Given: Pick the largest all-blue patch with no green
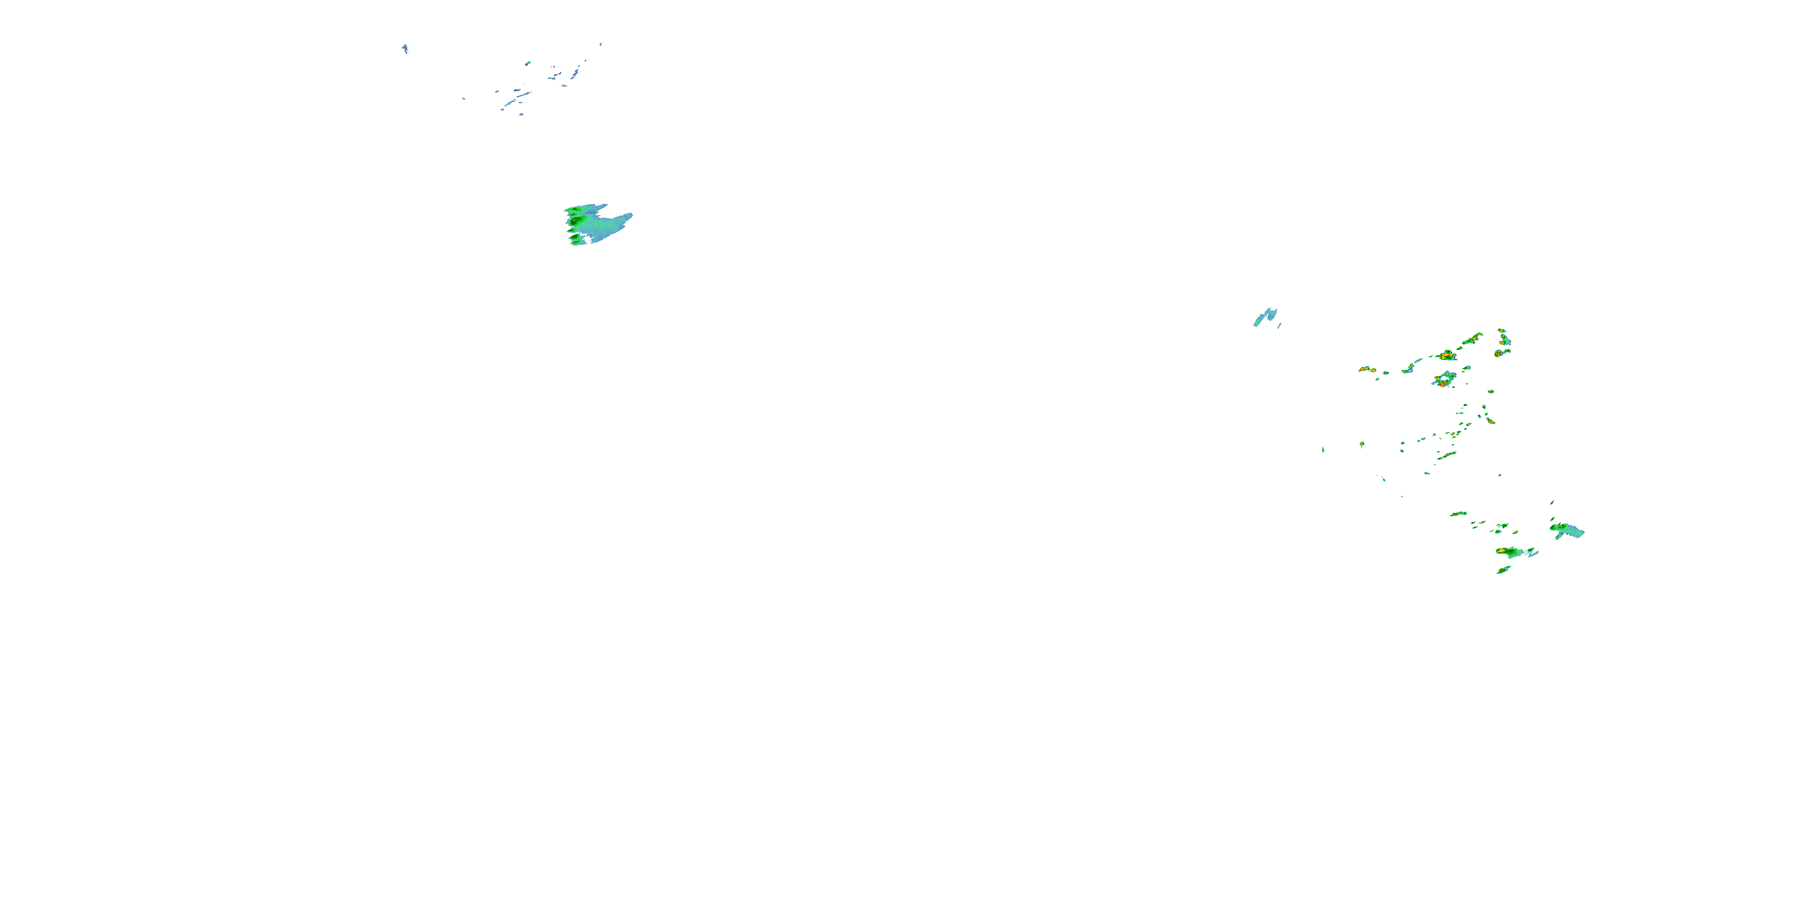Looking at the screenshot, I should pyautogui.click(x=1265, y=317).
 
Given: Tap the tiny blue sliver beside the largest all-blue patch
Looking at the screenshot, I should pyautogui.click(x=1280, y=325).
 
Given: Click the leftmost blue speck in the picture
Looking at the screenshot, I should pyautogui.click(x=405, y=48).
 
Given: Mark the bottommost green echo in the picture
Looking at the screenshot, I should pyautogui.click(x=1503, y=570).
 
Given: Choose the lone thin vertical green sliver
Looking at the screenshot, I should pyautogui.click(x=1323, y=449).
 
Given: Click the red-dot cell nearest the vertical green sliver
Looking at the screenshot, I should pyautogui.click(x=1362, y=444).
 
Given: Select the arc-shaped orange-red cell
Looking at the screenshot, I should pyautogui.click(x=1367, y=368).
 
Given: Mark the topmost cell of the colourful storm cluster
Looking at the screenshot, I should pyautogui.click(x=1502, y=329).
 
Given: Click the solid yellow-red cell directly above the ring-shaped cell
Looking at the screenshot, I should pyautogui.click(x=1446, y=355).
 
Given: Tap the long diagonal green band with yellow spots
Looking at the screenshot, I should pyautogui.click(x=1472, y=340).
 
